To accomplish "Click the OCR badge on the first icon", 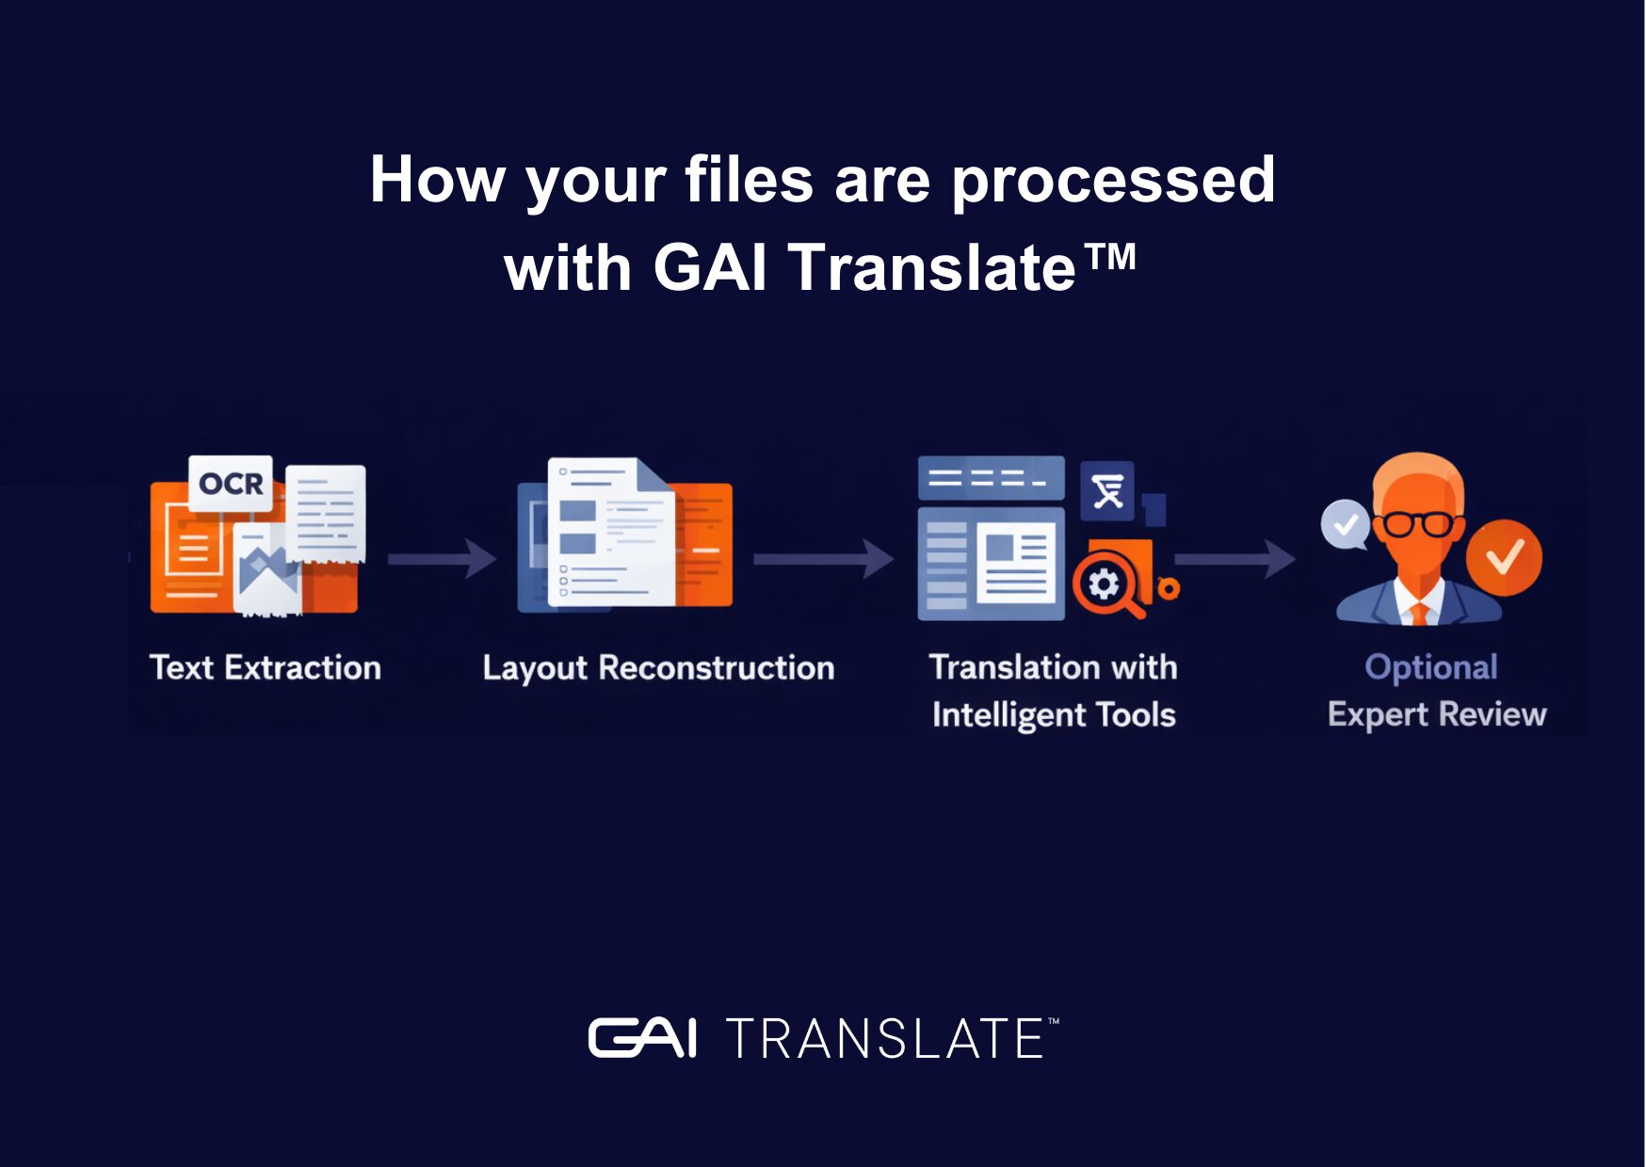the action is tap(231, 484).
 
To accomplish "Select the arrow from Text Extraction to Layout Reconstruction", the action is tap(442, 559).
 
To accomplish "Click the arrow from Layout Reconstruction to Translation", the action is tap(823, 559).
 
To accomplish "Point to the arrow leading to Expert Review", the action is tap(1234, 559).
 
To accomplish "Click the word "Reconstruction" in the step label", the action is tap(717, 667).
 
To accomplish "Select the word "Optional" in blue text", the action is tap(1431, 667).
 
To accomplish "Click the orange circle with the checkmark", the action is tap(1504, 557).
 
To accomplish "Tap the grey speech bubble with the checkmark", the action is tap(1346, 524).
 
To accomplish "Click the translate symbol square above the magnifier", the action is tap(1107, 491).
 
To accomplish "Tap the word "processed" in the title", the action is tap(1113, 181).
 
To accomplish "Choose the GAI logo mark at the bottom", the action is tap(642, 1038).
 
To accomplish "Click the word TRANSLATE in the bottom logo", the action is tap(884, 1038).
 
